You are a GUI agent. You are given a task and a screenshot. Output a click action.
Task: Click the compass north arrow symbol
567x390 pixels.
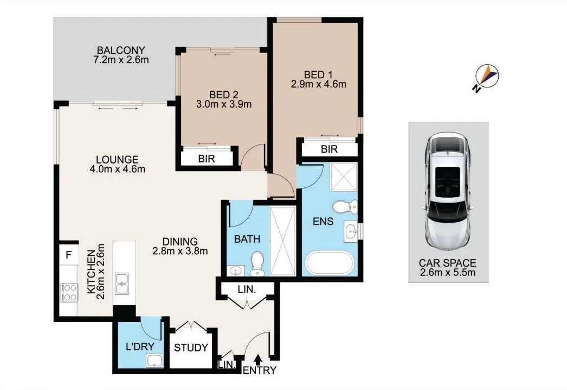tap(487, 77)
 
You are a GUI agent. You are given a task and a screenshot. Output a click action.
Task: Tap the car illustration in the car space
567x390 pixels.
tap(448, 190)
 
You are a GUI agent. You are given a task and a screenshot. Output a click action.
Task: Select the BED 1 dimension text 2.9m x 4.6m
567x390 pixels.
tap(318, 84)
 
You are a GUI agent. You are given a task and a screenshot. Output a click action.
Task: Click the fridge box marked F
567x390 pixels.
tap(68, 254)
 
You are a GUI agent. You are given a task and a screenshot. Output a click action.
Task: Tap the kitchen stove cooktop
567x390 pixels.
tap(69, 292)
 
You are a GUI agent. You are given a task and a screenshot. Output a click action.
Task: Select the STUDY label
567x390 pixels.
tap(191, 348)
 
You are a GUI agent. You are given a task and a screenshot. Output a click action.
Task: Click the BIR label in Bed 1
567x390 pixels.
tap(329, 148)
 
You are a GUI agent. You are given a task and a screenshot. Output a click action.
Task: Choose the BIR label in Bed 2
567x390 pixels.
tap(206, 158)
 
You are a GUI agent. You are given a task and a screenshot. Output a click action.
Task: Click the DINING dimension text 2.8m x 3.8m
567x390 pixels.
tap(181, 251)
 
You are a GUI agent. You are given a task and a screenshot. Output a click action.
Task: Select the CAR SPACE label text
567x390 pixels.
tap(448, 263)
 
